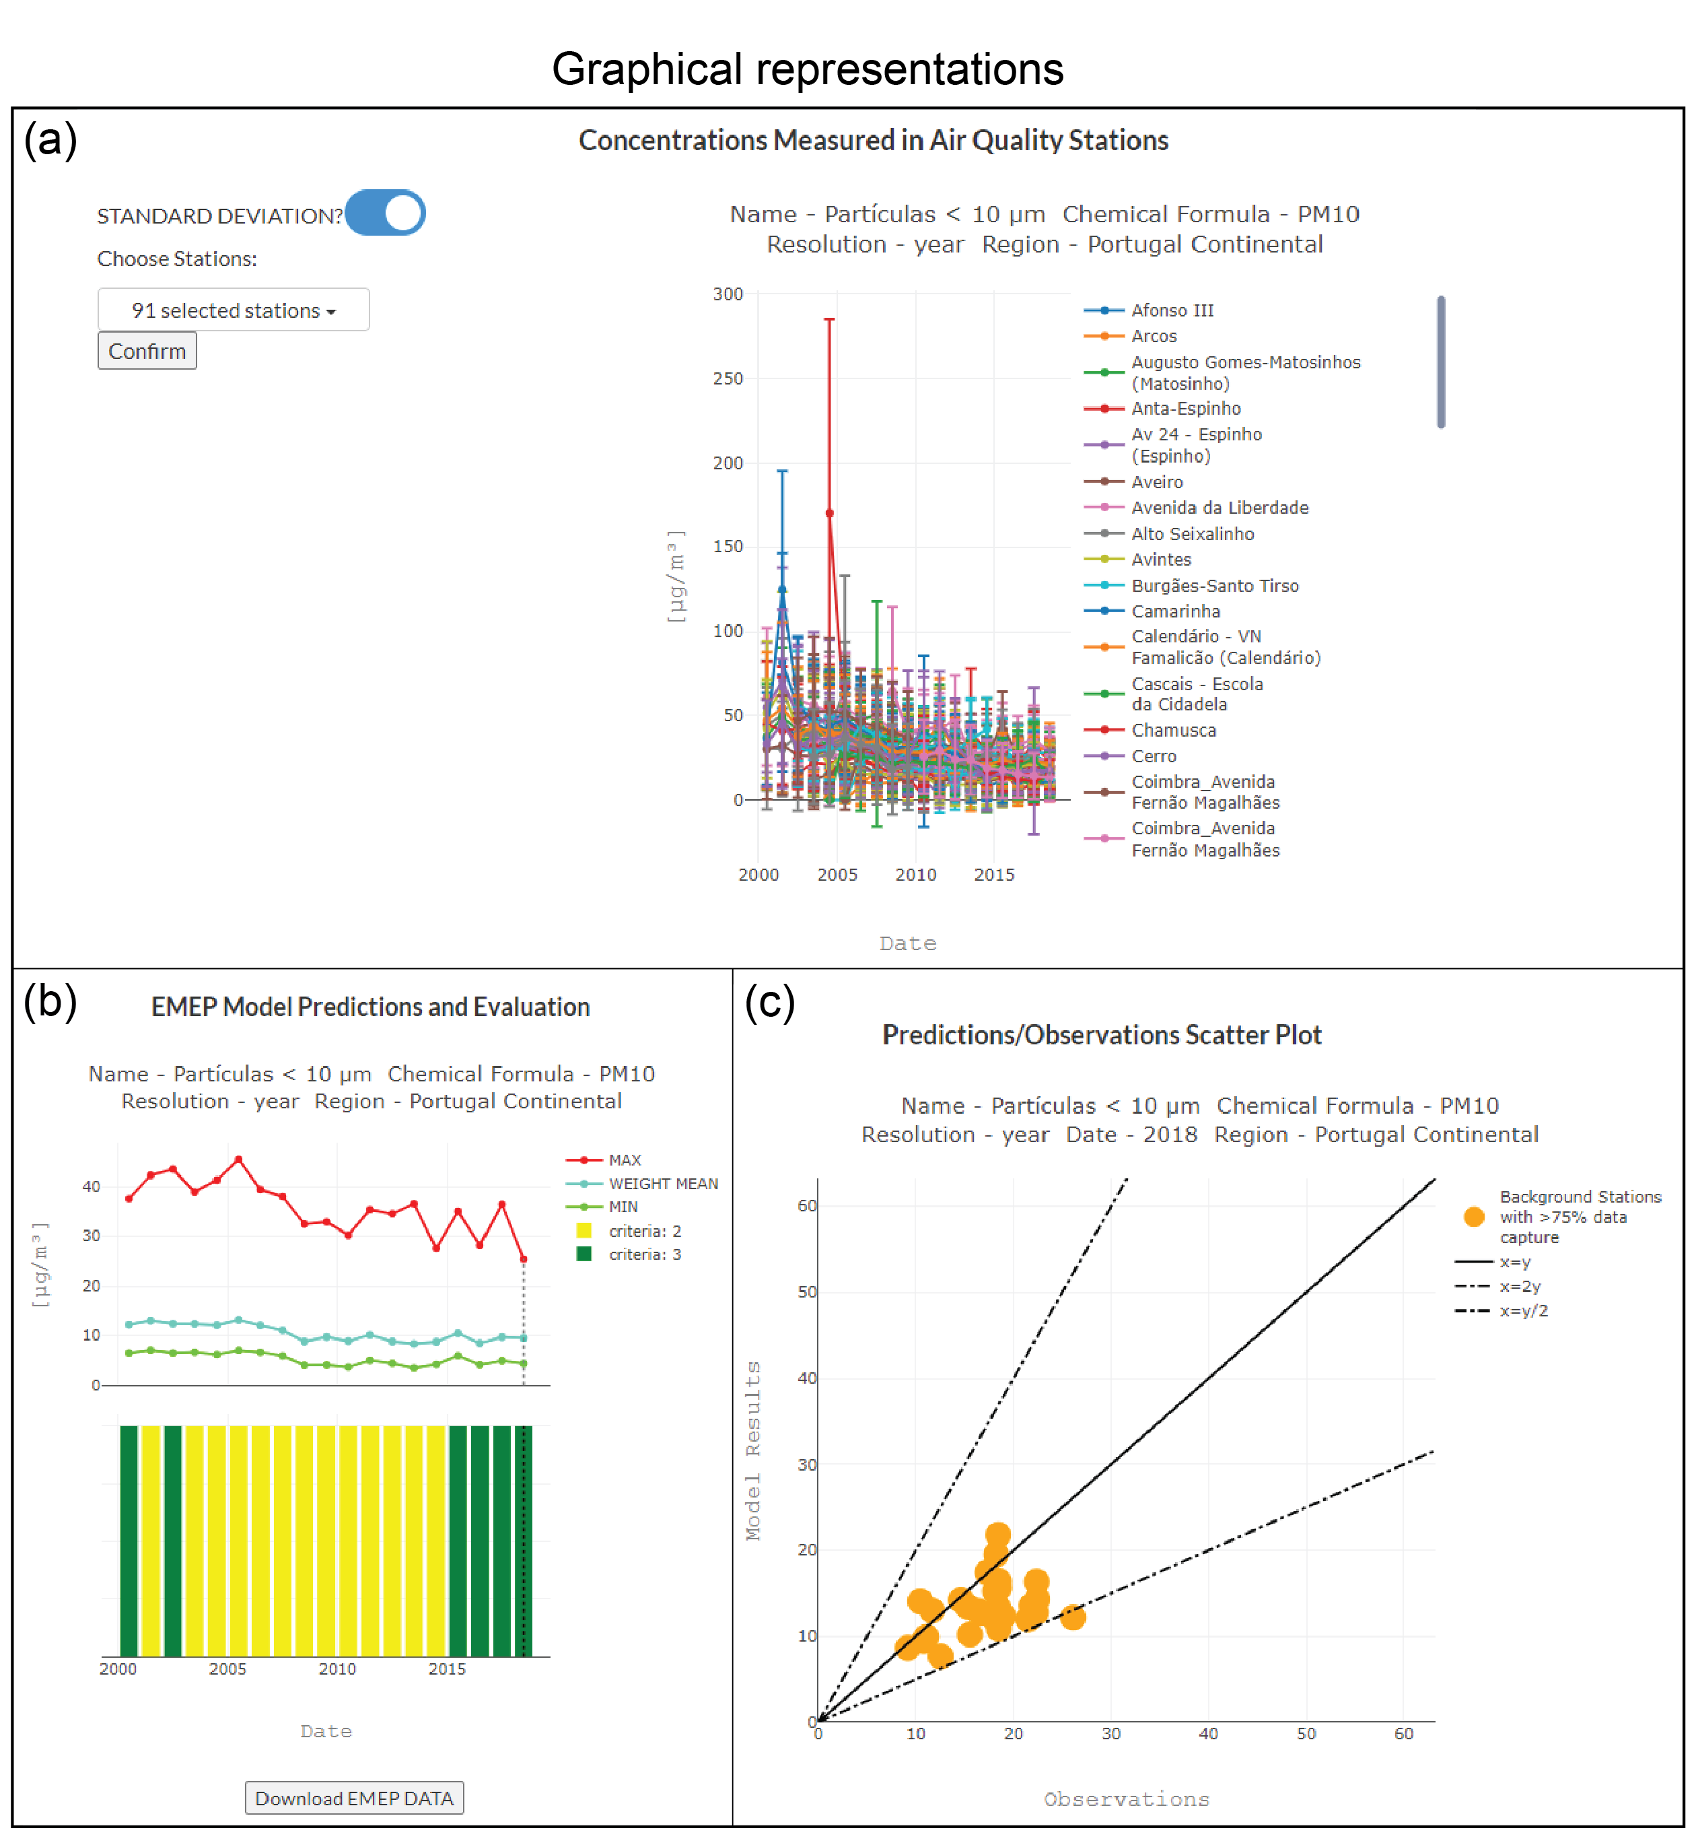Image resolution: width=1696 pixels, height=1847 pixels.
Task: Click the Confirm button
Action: click(x=147, y=351)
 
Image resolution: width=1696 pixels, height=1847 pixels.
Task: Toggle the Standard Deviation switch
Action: click(x=386, y=213)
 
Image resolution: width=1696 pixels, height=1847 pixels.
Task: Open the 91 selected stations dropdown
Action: click(x=233, y=310)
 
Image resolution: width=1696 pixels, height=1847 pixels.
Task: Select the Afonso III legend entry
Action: click(x=1171, y=310)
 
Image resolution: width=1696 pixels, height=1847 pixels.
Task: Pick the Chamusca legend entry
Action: click(x=1173, y=730)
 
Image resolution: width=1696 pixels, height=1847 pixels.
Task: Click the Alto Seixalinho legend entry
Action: click(x=1191, y=533)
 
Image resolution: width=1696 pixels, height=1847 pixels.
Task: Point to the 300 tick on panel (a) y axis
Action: click(x=728, y=294)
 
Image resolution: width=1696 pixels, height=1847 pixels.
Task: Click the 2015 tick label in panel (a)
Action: click(x=994, y=874)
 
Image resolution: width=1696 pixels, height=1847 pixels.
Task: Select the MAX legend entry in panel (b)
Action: click(x=624, y=1160)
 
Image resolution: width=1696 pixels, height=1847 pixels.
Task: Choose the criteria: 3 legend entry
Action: click(x=644, y=1254)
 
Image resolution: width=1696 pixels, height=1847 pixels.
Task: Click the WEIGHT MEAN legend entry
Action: click(x=663, y=1183)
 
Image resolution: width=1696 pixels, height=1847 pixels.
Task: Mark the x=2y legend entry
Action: click(x=1520, y=1286)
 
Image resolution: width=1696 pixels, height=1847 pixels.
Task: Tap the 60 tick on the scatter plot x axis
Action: click(x=1403, y=1733)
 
